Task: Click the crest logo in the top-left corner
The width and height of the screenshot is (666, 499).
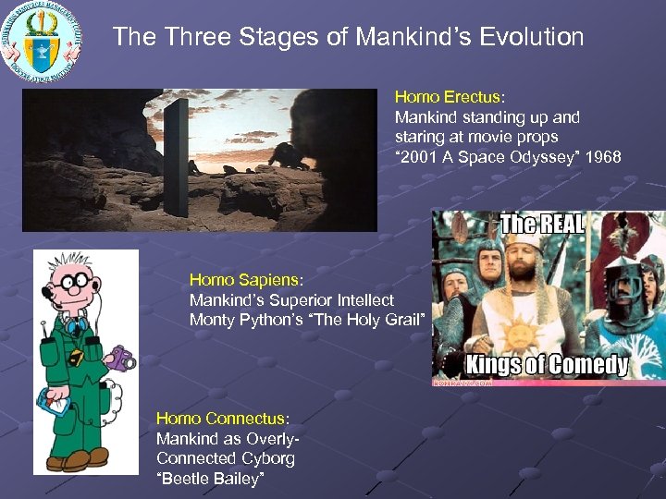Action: point(42,41)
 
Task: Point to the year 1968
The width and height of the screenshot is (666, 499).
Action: point(602,157)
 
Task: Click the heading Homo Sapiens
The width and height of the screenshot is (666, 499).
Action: point(245,279)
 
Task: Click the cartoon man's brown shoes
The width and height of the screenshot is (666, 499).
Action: point(80,458)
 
